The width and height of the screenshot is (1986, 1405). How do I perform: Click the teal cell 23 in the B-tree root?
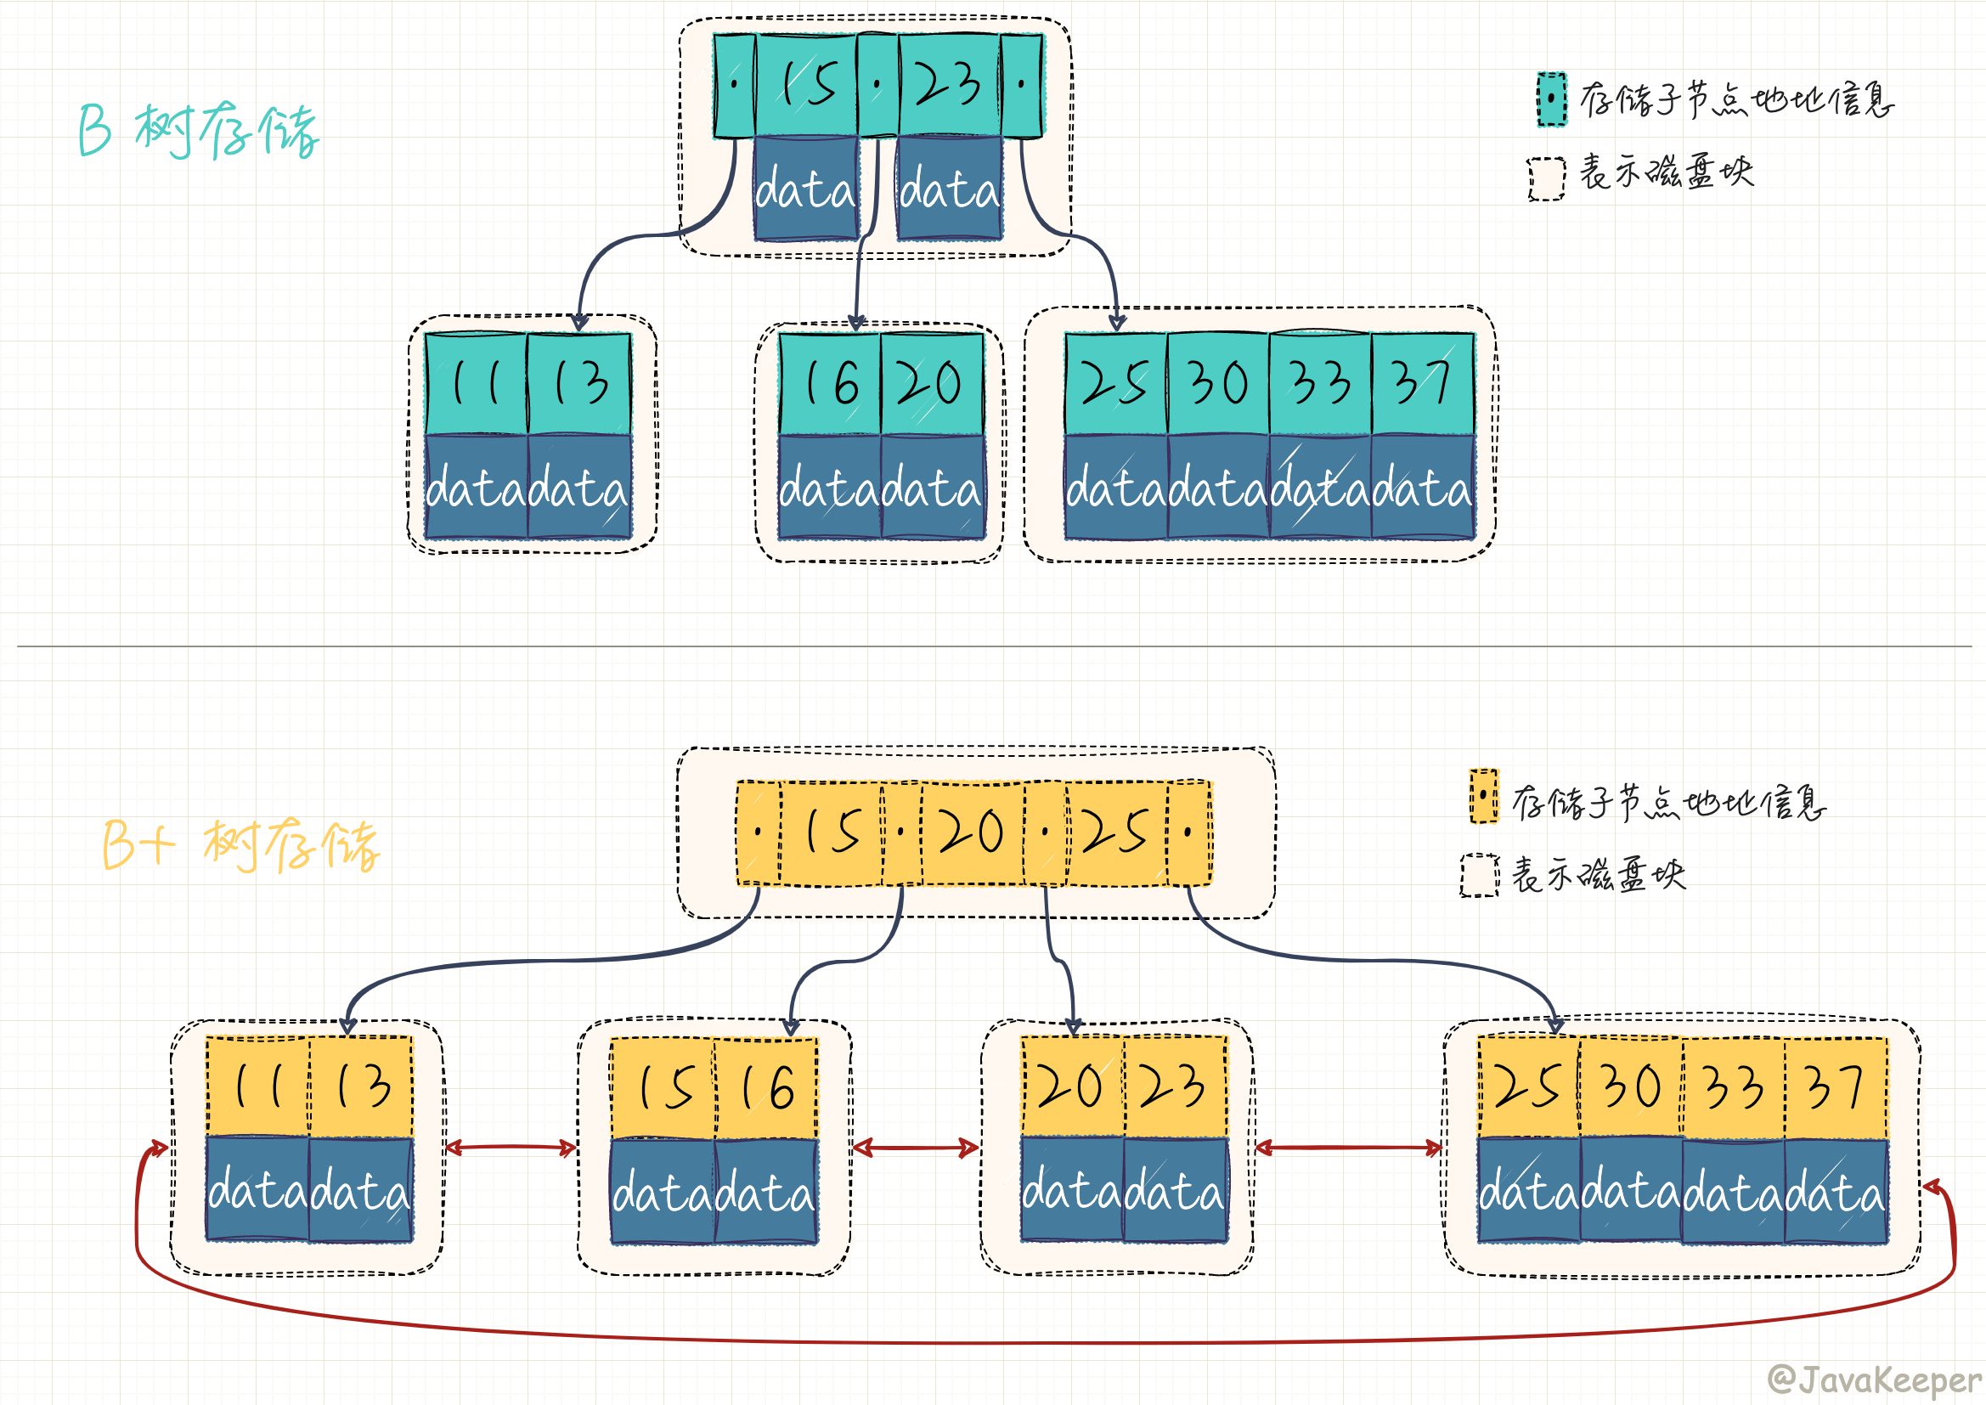[x=949, y=85]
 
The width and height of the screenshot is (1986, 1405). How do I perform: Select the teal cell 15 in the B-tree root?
[x=806, y=85]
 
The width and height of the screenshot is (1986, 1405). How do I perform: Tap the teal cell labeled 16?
[x=830, y=383]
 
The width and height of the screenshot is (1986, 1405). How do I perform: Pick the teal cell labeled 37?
[x=1422, y=383]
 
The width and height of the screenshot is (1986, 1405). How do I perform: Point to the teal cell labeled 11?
[x=476, y=383]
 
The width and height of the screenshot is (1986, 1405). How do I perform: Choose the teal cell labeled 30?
[x=1218, y=383]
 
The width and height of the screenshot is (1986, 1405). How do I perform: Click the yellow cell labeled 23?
[x=1175, y=1086]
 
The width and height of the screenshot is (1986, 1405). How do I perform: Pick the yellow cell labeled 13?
[x=361, y=1086]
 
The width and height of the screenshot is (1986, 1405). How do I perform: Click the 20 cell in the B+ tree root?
[x=972, y=833]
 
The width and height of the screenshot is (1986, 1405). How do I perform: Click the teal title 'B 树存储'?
[x=199, y=132]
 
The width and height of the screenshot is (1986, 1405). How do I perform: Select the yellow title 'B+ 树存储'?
[x=241, y=845]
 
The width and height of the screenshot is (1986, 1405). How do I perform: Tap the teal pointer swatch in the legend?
[x=1552, y=99]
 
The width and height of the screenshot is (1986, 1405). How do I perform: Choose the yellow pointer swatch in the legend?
[x=1483, y=796]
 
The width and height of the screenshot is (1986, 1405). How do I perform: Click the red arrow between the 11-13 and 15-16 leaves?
[x=511, y=1148]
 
